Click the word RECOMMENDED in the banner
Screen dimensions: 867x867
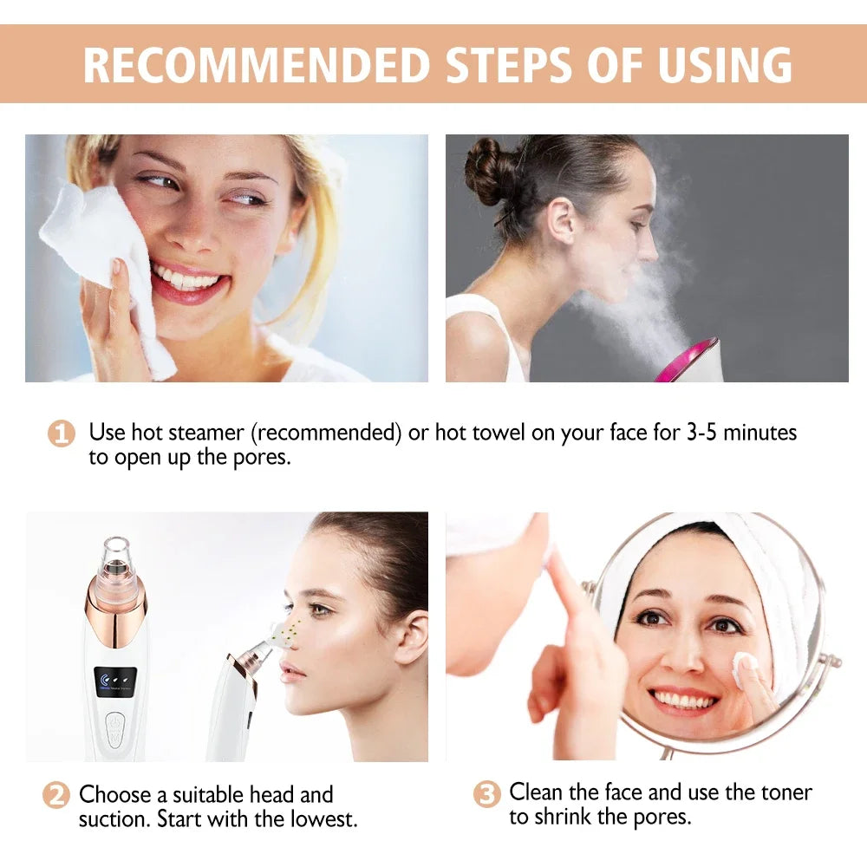pyautogui.click(x=257, y=64)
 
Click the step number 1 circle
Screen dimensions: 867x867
pyautogui.click(x=61, y=433)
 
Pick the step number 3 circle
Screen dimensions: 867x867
pyautogui.click(x=487, y=794)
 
